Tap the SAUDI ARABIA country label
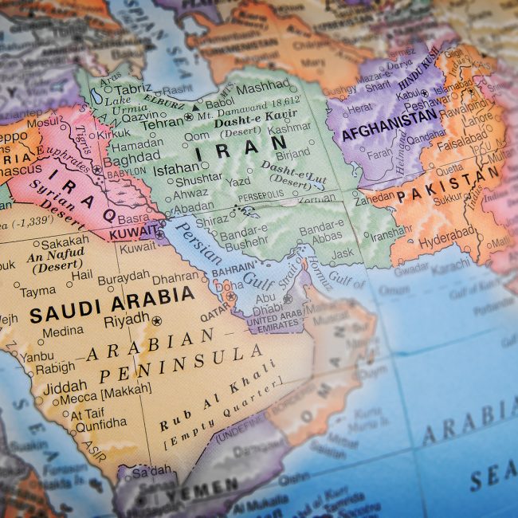112,304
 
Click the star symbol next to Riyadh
156,321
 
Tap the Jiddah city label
61,385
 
